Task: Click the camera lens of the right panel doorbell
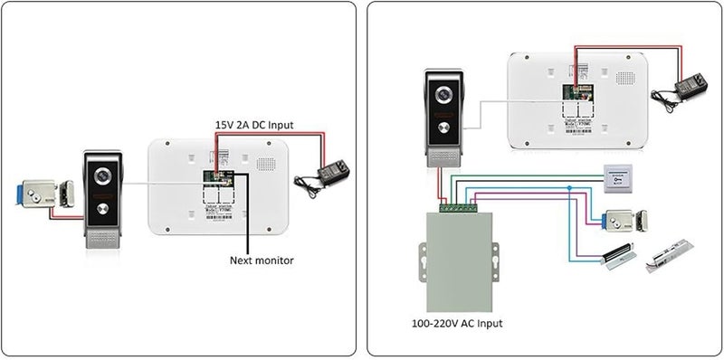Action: pyautogui.click(x=443, y=94)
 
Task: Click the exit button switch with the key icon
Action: pyautogui.click(x=618, y=180)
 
